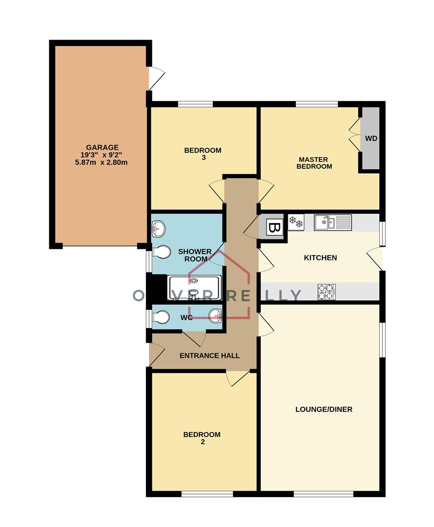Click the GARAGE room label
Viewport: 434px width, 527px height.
tap(102, 147)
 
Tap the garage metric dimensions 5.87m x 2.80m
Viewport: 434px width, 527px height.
tap(102, 162)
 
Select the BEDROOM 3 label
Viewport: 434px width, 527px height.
tap(203, 154)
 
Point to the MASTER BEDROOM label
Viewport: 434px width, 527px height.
tap(315, 163)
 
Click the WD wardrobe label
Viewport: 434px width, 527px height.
tap(371, 139)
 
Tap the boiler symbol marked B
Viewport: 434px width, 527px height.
tap(274, 227)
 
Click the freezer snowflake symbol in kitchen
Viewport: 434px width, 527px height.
tap(296, 223)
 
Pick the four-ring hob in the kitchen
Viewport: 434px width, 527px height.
tap(327, 291)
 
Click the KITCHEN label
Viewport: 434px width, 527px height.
tap(320, 258)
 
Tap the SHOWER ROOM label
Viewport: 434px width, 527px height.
tap(195, 255)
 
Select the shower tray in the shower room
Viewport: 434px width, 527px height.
tap(194, 288)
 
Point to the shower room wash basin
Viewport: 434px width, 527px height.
tap(159, 228)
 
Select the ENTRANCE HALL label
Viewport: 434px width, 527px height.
tap(209, 356)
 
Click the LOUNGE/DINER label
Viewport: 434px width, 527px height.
tap(324, 409)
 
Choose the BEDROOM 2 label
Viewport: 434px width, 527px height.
tap(202, 438)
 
